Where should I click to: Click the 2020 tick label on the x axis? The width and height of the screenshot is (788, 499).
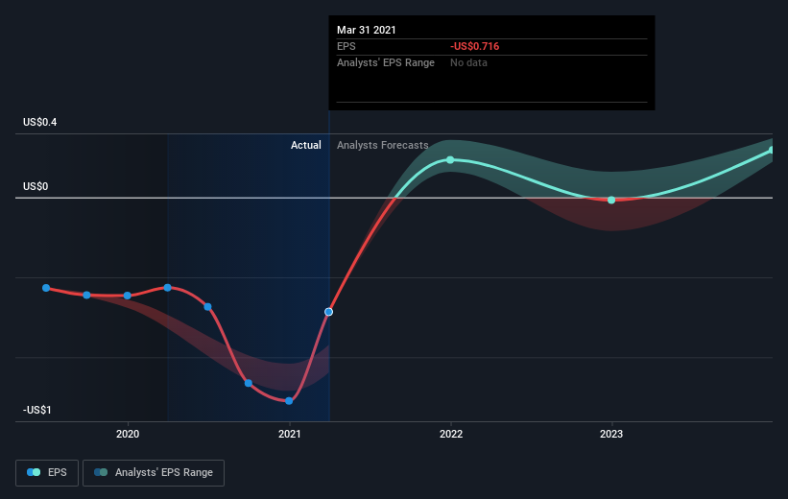pos(128,434)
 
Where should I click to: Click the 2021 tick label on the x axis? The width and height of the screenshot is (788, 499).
pos(290,434)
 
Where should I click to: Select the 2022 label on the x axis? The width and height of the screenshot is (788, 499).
pos(451,434)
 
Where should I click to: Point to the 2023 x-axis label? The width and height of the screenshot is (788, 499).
pos(611,434)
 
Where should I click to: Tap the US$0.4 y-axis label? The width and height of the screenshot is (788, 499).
pos(39,122)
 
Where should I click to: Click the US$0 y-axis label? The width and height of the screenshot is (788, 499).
pos(36,186)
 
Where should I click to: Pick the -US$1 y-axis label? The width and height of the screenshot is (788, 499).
pos(36,410)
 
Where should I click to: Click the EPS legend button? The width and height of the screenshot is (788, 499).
pos(47,473)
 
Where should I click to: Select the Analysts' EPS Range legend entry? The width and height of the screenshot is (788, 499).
pos(154,473)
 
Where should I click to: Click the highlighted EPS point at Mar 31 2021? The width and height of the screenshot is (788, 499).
pos(328,312)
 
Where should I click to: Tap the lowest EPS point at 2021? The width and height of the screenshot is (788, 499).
pos(289,401)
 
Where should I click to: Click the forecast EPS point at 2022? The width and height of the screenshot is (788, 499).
pos(450,160)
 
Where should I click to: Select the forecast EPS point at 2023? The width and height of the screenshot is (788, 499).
pos(611,200)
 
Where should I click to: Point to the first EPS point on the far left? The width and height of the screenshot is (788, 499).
pos(46,288)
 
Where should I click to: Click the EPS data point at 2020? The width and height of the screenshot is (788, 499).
pos(127,296)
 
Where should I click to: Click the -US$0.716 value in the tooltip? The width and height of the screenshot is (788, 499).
pos(474,46)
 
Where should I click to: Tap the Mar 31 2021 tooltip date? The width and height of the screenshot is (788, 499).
pos(367,30)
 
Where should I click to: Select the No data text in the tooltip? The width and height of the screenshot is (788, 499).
pos(468,62)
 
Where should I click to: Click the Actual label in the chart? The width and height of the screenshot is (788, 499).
pos(305,145)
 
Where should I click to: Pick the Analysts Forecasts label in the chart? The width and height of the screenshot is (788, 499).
pos(382,145)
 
